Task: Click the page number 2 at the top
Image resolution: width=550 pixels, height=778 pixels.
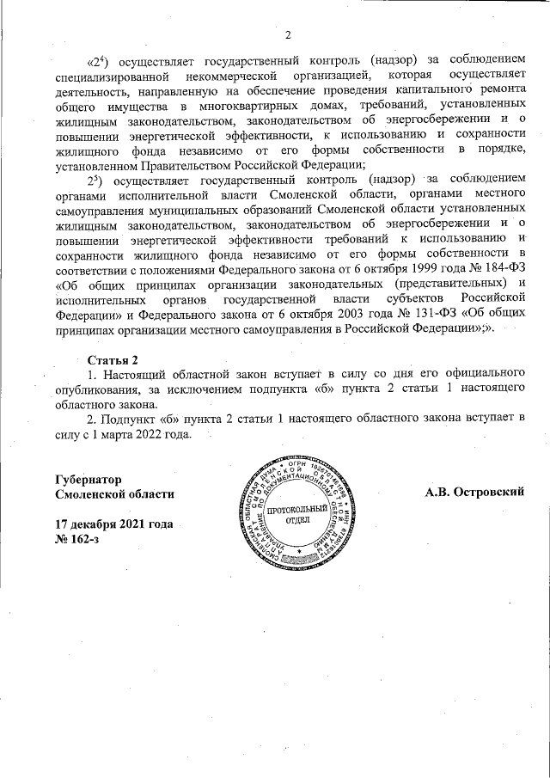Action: pyautogui.click(x=289, y=35)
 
